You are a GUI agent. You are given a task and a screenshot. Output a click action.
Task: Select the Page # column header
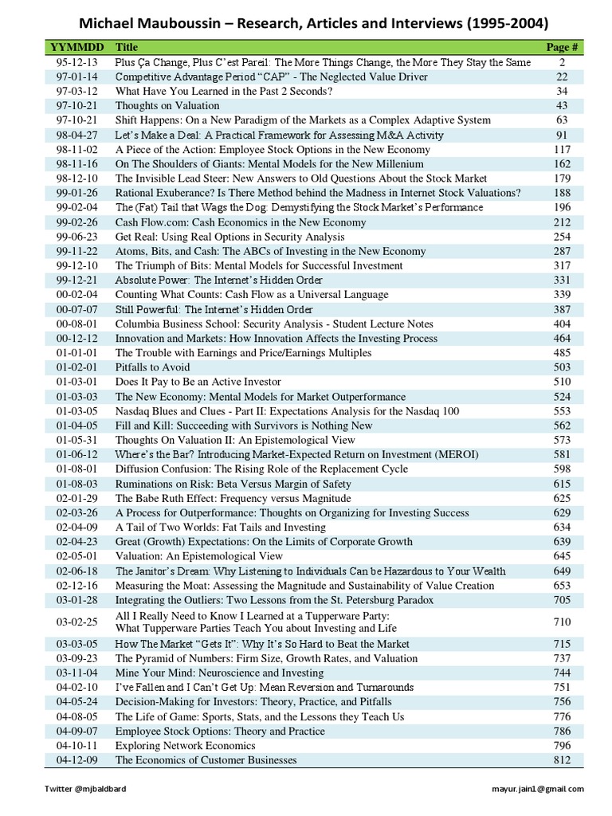pyautogui.click(x=563, y=47)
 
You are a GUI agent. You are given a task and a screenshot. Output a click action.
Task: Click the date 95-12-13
pyautogui.click(x=73, y=62)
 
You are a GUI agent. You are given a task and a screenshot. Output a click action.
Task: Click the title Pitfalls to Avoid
pyautogui.click(x=153, y=367)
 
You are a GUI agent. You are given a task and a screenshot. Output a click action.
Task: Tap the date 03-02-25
pyautogui.click(x=73, y=622)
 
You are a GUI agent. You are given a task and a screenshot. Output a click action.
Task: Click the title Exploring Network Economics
pyautogui.click(x=185, y=746)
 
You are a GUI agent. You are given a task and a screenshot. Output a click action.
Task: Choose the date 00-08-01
pyautogui.click(x=73, y=324)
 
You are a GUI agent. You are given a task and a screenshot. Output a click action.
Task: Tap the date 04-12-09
pyautogui.click(x=73, y=760)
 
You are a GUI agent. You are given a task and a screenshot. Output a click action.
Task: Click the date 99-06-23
pyautogui.click(x=73, y=237)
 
